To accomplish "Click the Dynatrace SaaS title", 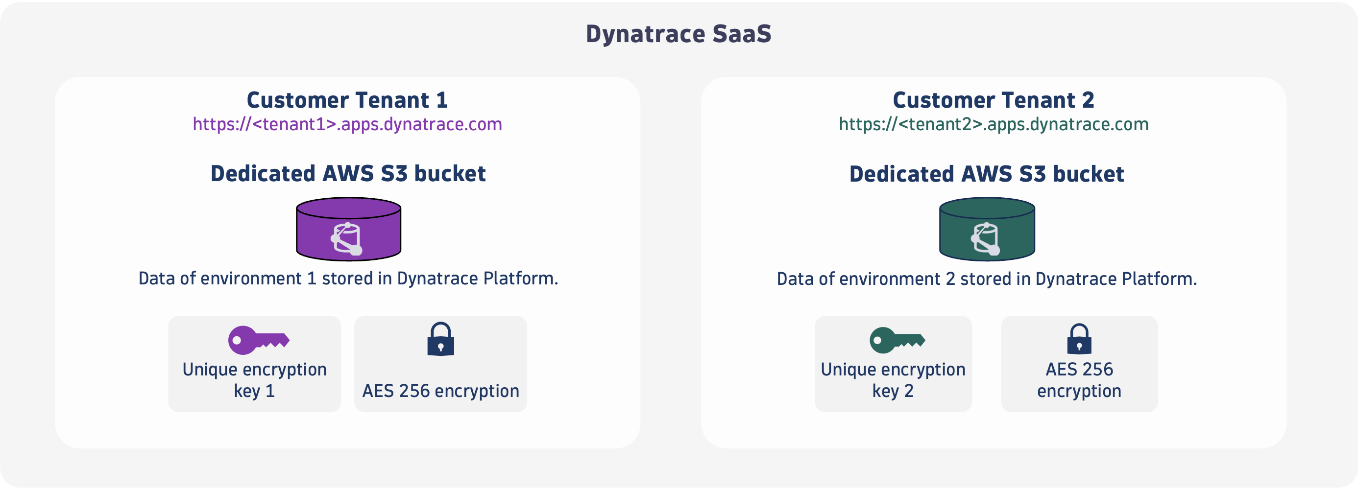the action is click(x=679, y=34).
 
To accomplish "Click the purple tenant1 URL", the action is click(x=347, y=124).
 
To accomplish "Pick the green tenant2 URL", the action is click(x=994, y=124).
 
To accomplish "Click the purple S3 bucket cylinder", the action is click(x=348, y=229).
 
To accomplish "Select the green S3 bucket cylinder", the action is click(x=987, y=229).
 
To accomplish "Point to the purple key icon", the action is click(x=258, y=340).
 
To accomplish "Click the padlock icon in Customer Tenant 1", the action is click(x=441, y=339).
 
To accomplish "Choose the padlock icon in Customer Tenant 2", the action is click(x=1079, y=339).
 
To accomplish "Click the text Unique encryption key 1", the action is click(x=255, y=380).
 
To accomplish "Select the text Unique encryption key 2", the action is click(x=893, y=380).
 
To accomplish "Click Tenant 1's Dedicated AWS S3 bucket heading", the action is click(x=348, y=173).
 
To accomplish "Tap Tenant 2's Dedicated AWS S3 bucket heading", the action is click(x=986, y=174).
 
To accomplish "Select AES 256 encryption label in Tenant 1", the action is click(x=441, y=391).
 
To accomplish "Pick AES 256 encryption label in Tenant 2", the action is click(x=1079, y=380).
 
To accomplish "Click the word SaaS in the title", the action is click(x=742, y=34).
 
